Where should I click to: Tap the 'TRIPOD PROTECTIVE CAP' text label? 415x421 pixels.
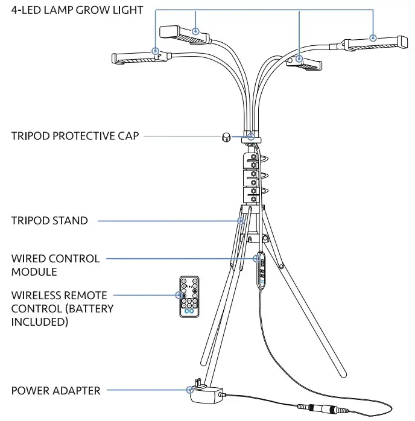pos(75,136)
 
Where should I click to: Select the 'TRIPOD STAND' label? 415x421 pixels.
pos(49,221)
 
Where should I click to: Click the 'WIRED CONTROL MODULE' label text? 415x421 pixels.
pos(55,265)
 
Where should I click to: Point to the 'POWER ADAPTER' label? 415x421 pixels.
pos(55,390)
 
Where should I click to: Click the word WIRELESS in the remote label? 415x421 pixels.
pos(37,296)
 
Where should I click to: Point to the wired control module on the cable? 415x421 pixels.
pos(262,271)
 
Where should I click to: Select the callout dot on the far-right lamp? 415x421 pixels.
pos(373,37)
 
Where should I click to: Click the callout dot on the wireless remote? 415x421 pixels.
pos(180,295)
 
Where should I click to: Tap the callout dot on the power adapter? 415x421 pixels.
pos(189,390)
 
